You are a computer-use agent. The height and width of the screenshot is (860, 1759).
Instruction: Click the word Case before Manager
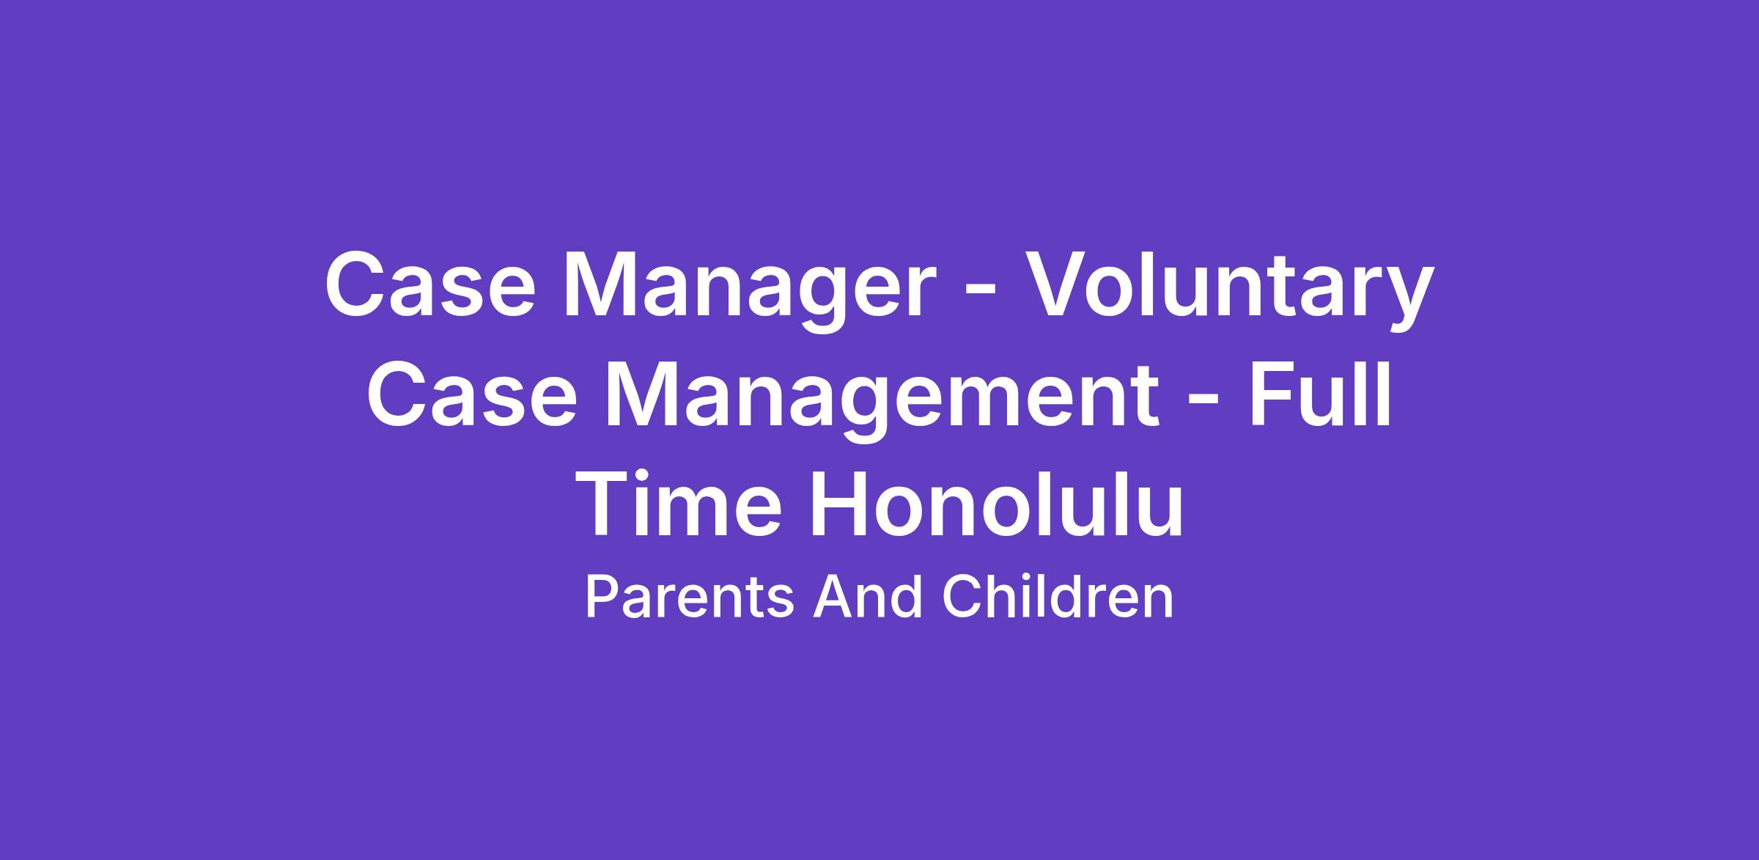click(430, 285)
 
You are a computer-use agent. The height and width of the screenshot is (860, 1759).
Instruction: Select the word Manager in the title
click(749, 291)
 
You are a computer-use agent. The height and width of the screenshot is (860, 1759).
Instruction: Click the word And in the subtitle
click(867, 596)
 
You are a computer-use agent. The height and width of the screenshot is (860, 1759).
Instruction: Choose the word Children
click(1058, 596)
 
